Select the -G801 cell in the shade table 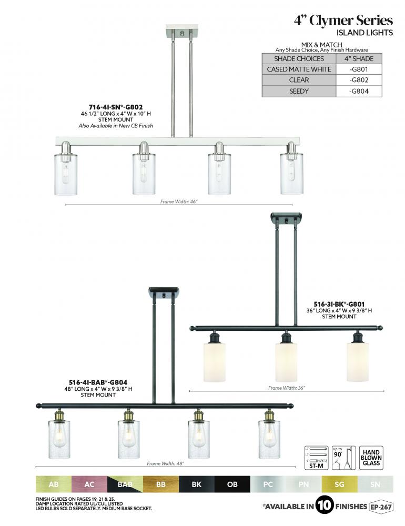359,69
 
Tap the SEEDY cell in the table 299,91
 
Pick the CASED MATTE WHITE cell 299,69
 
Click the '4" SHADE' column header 359,58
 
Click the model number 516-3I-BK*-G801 339,304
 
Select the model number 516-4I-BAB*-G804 98,382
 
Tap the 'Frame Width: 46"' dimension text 179,201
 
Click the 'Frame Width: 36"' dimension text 287,388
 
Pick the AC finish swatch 89,484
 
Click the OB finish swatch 232,484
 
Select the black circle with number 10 325,507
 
